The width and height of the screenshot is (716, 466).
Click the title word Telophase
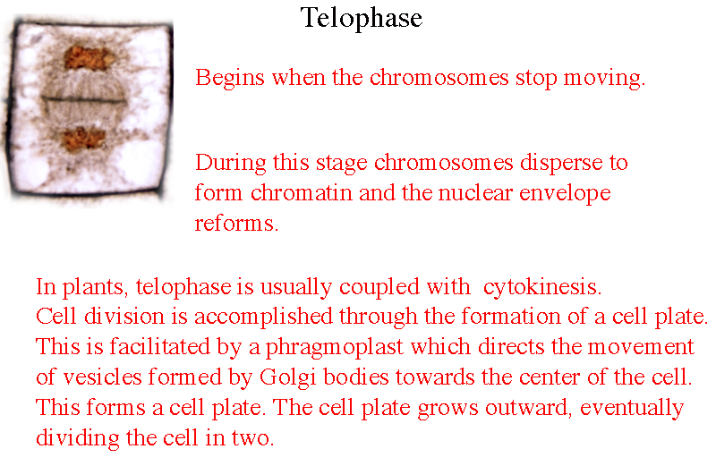tap(362, 19)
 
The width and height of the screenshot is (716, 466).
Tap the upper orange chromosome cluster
tap(89, 58)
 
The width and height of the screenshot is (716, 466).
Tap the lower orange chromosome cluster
tap(83, 139)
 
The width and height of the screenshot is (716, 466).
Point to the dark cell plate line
tap(83, 99)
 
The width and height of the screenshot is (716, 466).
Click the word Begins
tap(230, 79)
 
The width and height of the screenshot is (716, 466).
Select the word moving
tap(604, 79)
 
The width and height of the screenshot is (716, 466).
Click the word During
tap(231, 163)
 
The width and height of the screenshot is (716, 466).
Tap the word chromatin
tap(302, 192)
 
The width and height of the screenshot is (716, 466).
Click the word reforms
tap(236, 224)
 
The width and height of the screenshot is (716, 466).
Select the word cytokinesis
tap(542, 287)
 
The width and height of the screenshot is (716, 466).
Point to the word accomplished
tap(263, 317)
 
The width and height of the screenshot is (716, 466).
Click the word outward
tap(529, 408)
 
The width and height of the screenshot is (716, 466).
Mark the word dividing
tap(78, 438)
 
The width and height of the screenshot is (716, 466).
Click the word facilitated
tap(159, 346)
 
